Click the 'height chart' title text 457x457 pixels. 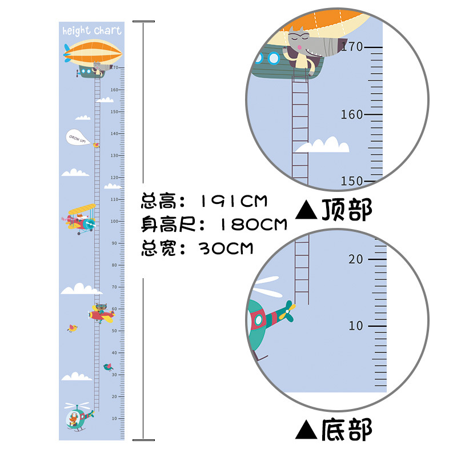click(x=91, y=31)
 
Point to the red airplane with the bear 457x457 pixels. click(x=102, y=312)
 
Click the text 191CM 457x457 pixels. click(x=234, y=201)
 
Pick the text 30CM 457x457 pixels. click(x=226, y=248)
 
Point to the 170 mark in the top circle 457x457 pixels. click(x=351, y=46)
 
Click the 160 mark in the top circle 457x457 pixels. click(x=351, y=114)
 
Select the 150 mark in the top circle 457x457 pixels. click(x=351, y=181)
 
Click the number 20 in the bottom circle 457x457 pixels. click(x=356, y=259)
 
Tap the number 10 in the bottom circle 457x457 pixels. click(x=356, y=326)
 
